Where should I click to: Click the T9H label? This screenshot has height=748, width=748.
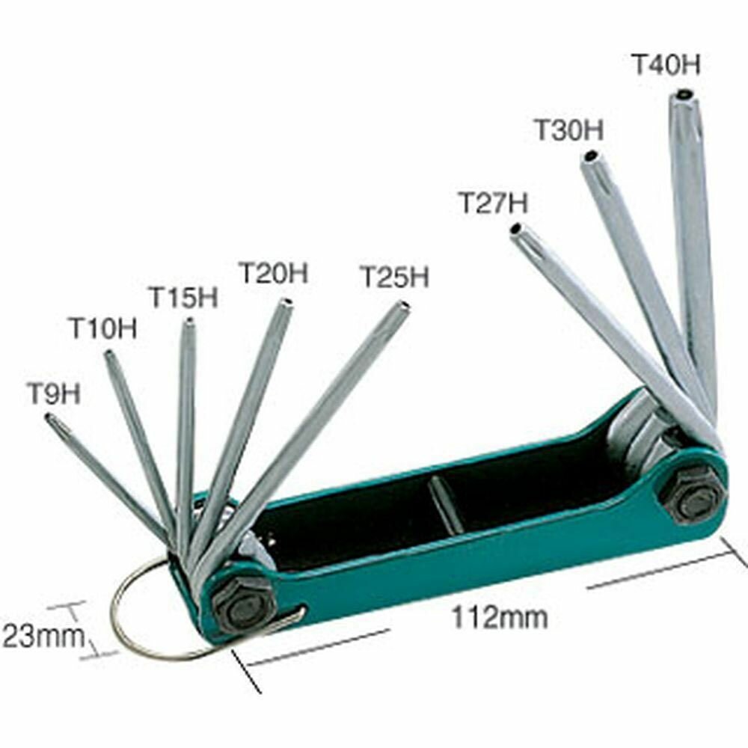[54, 393]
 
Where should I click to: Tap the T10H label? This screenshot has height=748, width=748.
[102, 328]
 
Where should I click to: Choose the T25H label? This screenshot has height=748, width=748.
[394, 277]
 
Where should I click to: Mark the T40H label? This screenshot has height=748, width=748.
[666, 64]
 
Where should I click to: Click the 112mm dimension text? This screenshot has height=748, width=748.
[500, 618]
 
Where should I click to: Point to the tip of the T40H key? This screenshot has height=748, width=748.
[684, 95]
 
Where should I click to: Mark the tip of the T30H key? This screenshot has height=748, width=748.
[590, 157]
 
